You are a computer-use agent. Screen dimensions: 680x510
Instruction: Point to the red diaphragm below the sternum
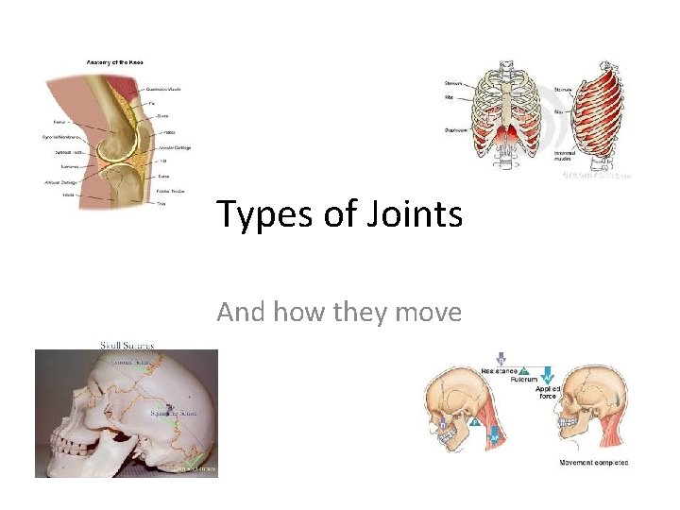point(507,138)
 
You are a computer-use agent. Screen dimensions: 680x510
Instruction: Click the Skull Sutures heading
point(127,345)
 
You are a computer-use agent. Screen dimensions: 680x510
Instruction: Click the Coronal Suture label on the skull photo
point(133,362)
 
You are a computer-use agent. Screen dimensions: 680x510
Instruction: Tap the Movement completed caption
point(593,463)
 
